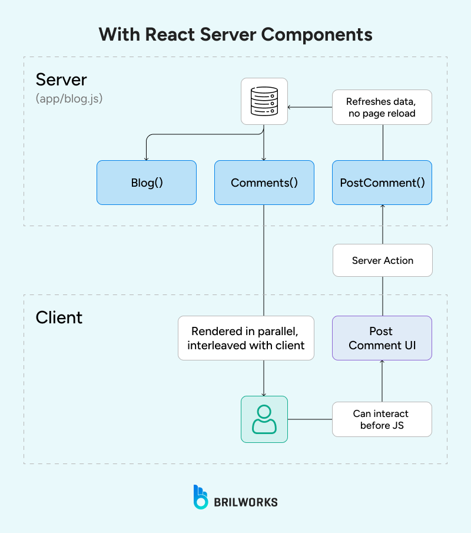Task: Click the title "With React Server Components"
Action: tap(235, 34)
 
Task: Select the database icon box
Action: tap(264, 101)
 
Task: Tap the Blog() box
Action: tap(147, 183)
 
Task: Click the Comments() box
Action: tap(264, 183)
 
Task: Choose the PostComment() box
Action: tap(382, 183)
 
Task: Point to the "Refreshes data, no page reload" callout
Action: tap(382, 107)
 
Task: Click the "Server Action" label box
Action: tap(382, 260)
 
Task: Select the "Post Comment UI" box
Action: tap(382, 338)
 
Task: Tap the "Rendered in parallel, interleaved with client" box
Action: tap(246, 338)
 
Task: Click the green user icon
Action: tap(264, 419)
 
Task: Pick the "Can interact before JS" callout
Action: tap(382, 419)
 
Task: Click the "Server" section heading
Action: tap(61, 80)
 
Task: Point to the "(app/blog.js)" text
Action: tap(69, 98)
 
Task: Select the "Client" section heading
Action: tap(59, 317)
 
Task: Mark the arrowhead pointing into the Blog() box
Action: tap(146, 158)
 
